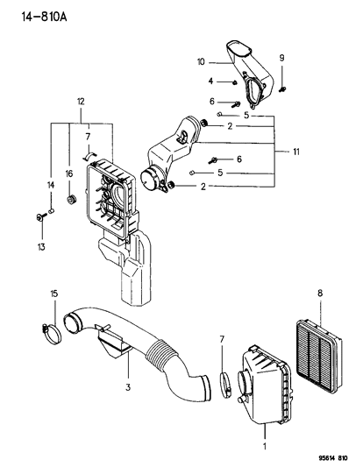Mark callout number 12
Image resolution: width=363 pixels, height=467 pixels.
point(81,103)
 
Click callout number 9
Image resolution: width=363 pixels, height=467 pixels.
point(281,58)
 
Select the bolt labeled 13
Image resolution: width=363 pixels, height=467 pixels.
point(41,216)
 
